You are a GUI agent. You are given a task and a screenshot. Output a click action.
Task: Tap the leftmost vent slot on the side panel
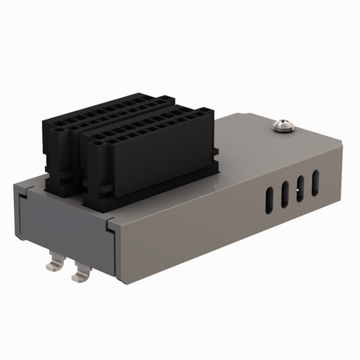(268, 200)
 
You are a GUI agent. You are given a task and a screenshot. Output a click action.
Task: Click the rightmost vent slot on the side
(315, 182)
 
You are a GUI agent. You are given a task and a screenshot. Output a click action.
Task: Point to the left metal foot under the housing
(54, 265)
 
